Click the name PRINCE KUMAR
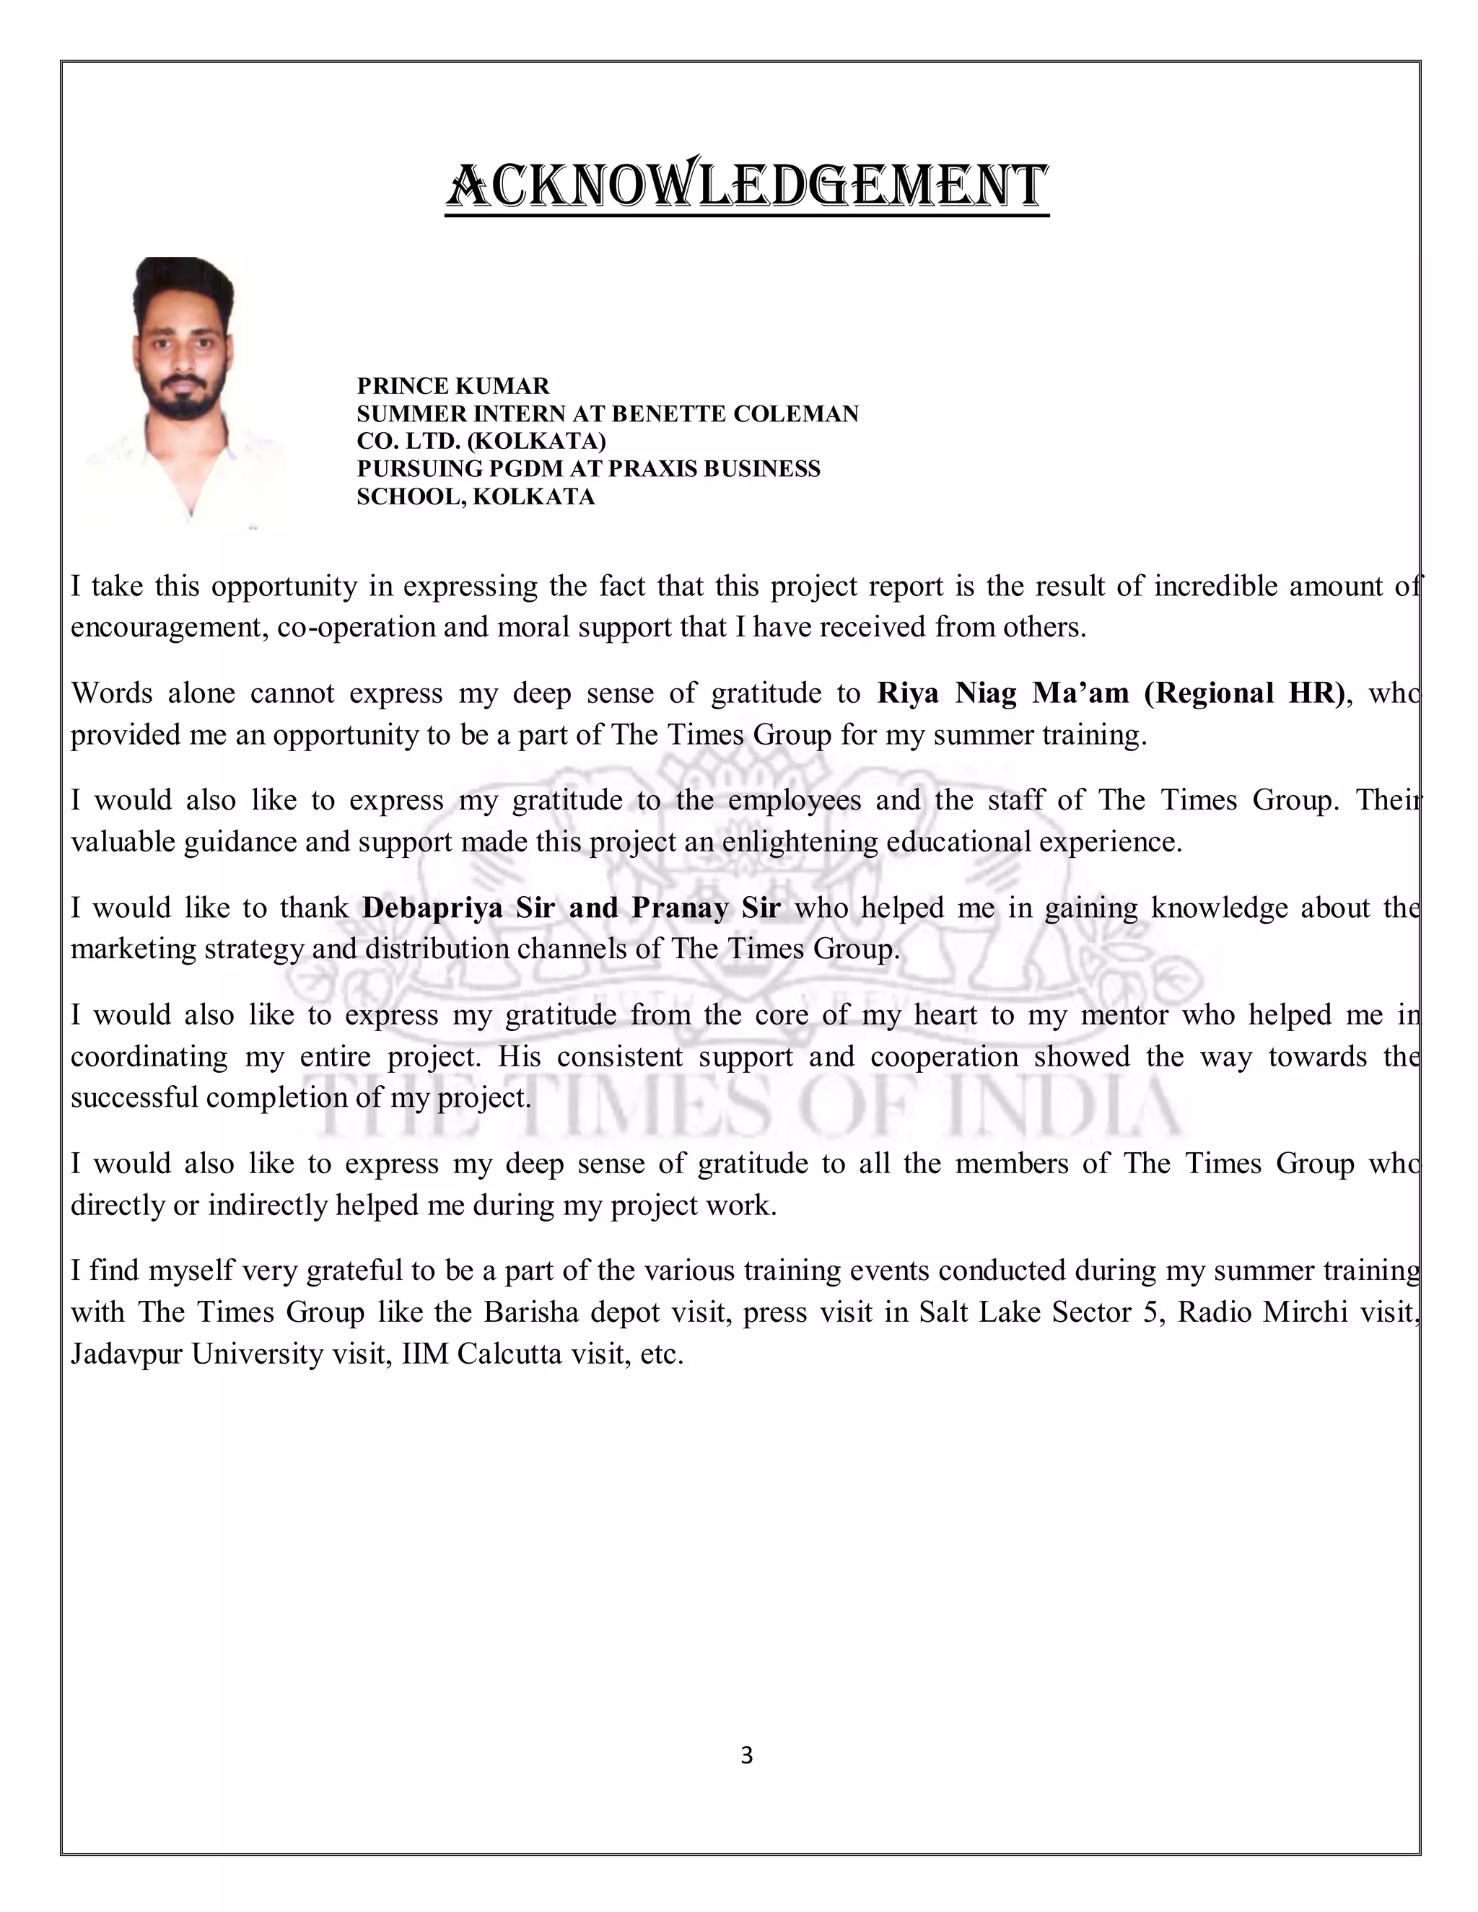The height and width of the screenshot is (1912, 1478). pyautogui.click(x=452, y=386)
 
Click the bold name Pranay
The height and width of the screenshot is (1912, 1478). pyautogui.click(x=681, y=908)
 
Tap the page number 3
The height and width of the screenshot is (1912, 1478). pyautogui.click(x=746, y=1755)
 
